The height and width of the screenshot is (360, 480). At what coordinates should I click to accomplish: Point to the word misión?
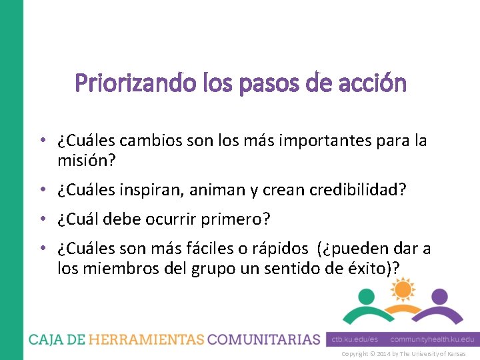(83, 160)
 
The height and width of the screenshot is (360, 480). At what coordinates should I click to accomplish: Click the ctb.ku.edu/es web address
(355, 339)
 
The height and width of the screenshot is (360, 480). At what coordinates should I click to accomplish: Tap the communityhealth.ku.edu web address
(432, 339)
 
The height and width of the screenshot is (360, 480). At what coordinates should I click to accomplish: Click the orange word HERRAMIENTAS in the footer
(147, 339)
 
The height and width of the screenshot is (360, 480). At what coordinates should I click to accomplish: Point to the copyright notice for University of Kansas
(403, 354)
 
